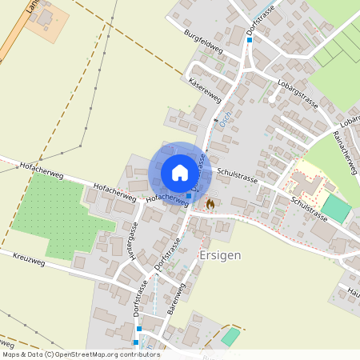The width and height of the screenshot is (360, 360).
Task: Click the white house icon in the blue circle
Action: pos(179,172)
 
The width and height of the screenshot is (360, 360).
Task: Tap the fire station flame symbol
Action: pos(210,204)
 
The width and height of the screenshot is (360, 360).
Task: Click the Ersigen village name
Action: pos(218,255)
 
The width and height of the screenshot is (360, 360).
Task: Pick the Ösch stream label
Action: pos(226,124)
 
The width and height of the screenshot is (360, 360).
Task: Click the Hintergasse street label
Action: pos(133,240)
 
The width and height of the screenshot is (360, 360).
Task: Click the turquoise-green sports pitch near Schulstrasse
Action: pos(336,210)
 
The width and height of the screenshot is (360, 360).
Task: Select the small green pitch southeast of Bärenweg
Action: pos(230,337)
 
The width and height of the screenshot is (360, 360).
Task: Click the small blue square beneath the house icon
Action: pos(189,195)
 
